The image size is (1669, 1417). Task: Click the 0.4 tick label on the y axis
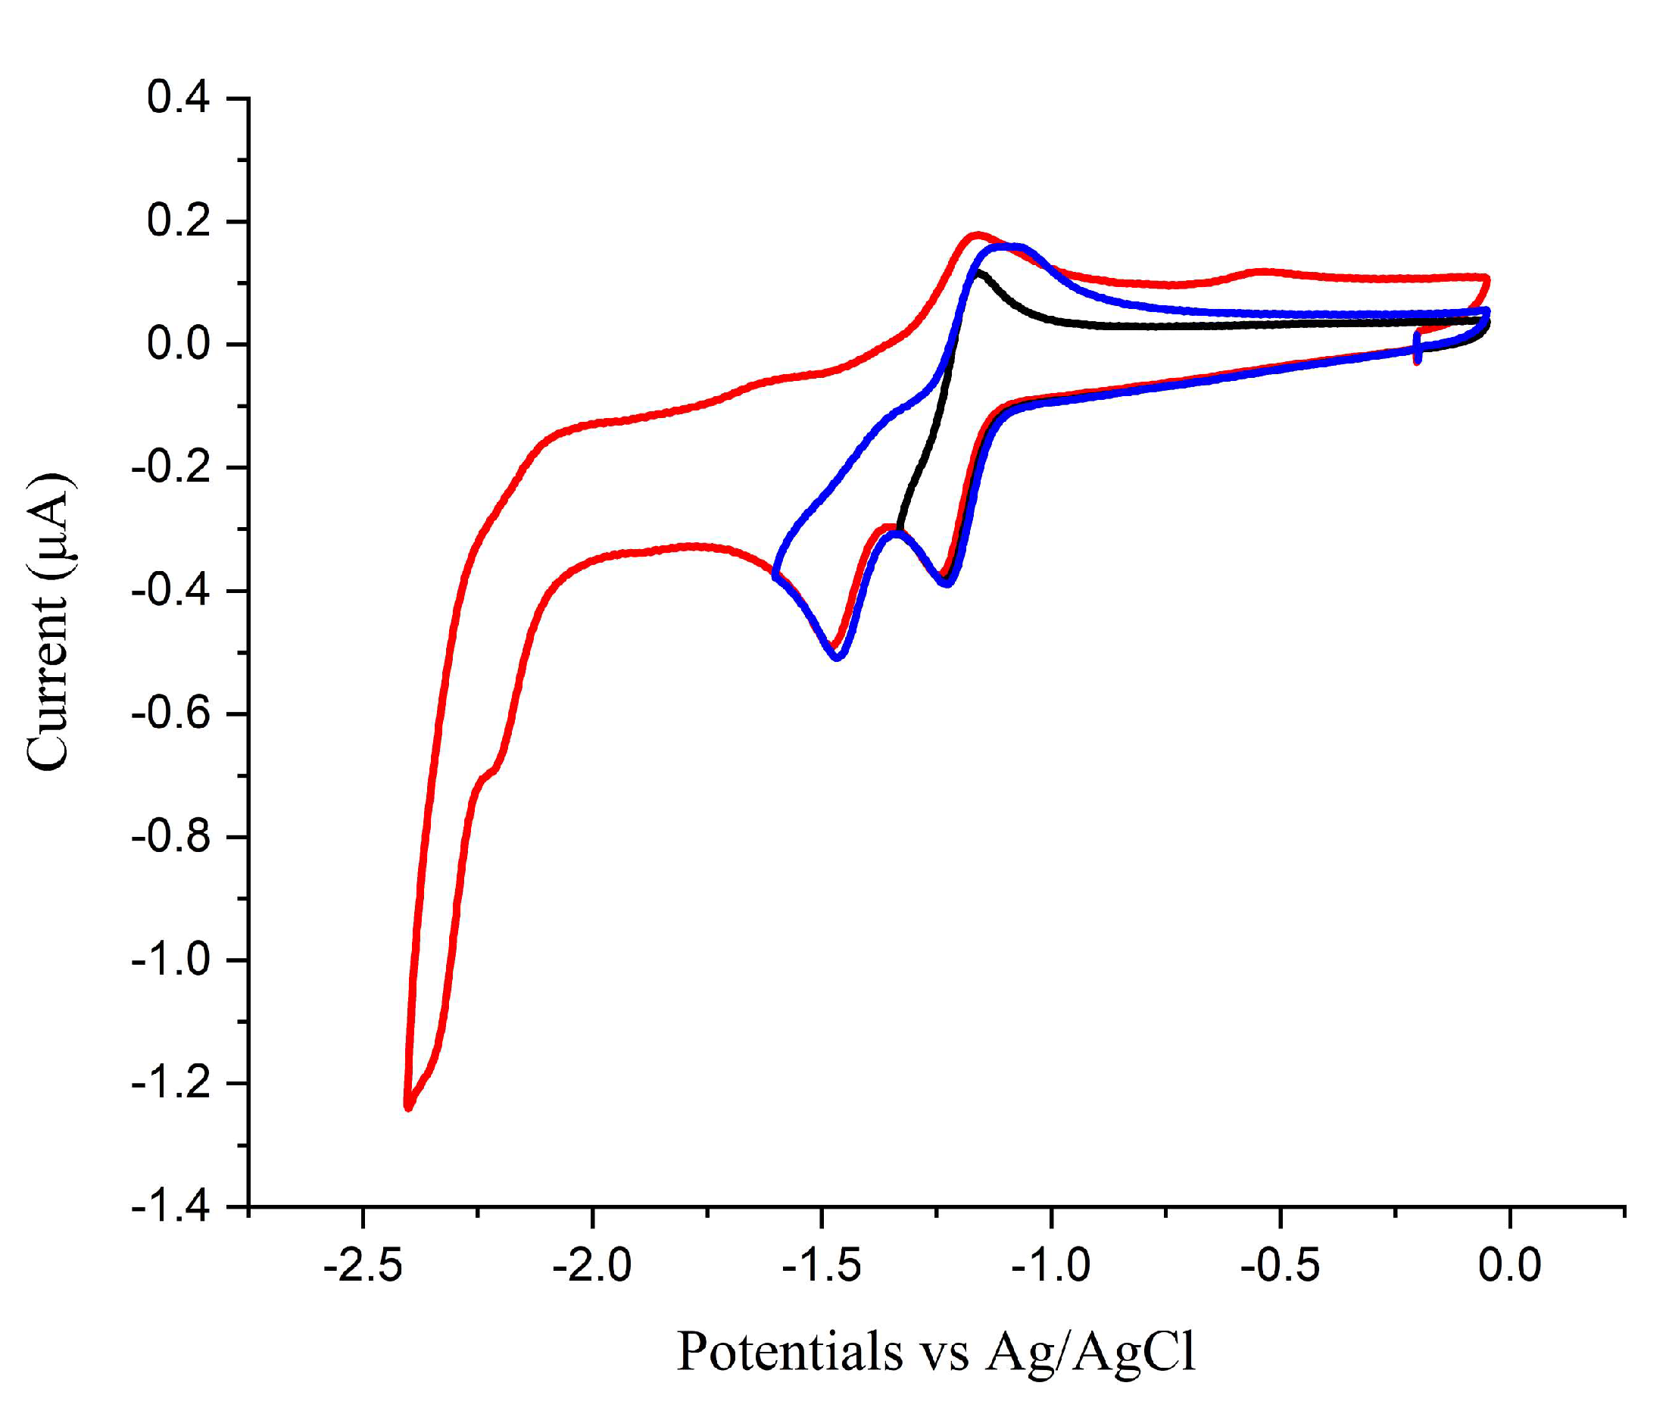(177, 98)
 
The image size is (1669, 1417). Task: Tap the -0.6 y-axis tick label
(170, 713)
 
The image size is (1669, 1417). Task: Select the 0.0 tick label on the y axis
(177, 344)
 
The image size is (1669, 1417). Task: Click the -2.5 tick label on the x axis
(362, 1266)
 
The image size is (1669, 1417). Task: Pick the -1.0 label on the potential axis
(1050, 1266)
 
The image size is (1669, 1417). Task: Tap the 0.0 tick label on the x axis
(1509, 1266)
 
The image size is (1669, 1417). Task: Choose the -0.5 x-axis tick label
(1281, 1266)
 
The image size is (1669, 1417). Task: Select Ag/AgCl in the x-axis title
(1090, 1353)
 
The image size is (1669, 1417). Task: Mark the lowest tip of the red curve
(409, 1108)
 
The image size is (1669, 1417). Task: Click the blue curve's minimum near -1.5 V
(838, 657)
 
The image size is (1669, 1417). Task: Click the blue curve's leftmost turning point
(776, 575)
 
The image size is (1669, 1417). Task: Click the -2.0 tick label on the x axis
(592, 1266)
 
